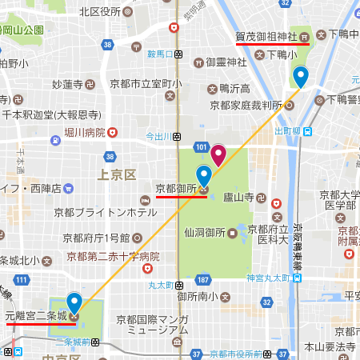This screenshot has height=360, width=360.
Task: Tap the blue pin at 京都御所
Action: pyautogui.click(x=203, y=175)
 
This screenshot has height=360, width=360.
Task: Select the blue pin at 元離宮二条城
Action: pyautogui.click(x=74, y=303)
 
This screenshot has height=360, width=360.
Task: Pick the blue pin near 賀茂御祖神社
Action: pyautogui.click(x=300, y=77)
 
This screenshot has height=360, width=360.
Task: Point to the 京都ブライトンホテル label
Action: pyautogui.click(x=106, y=213)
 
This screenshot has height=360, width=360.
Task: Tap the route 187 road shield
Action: pyautogui.click(x=203, y=279)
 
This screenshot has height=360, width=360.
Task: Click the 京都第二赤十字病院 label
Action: pyautogui.click(x=113, y=257)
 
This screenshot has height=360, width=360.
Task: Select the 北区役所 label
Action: pyautogui.click(x=99, y=11)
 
